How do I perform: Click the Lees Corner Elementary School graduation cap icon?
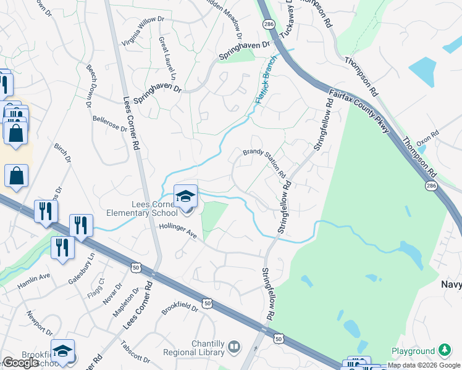(185, 197)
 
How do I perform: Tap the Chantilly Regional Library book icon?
(235, 347)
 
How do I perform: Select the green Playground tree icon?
(443, 350)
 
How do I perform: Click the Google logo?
(20, 363)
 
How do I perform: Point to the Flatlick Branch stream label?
(264, 89)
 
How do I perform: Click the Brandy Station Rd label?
(264, 160)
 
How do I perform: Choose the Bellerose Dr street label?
(109, 125)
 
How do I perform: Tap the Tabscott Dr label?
(136, 352)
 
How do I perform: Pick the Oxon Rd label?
(427, 136)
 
